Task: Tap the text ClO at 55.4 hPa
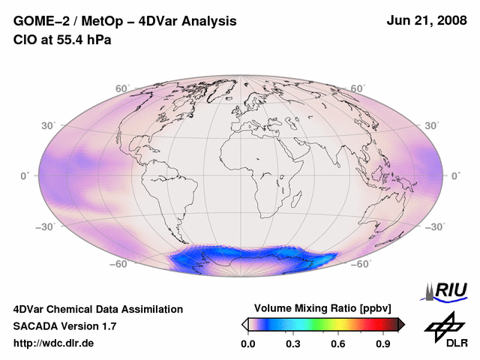[x=62, y=40]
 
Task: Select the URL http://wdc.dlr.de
[x=54, y=343]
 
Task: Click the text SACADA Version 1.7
[x=65, y=326]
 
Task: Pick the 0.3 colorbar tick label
[x=292, y=343]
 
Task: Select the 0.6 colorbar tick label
[x=338, y=343]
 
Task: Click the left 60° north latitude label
[x=122, y=88]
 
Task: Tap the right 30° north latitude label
[x=433, y=125]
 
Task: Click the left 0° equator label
[x=25, y=175]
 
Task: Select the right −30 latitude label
[x=436, y=226]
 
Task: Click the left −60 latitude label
[x=118, y=264]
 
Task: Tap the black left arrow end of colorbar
[x=244, y=324]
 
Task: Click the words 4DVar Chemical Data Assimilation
[x=98, y=309]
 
